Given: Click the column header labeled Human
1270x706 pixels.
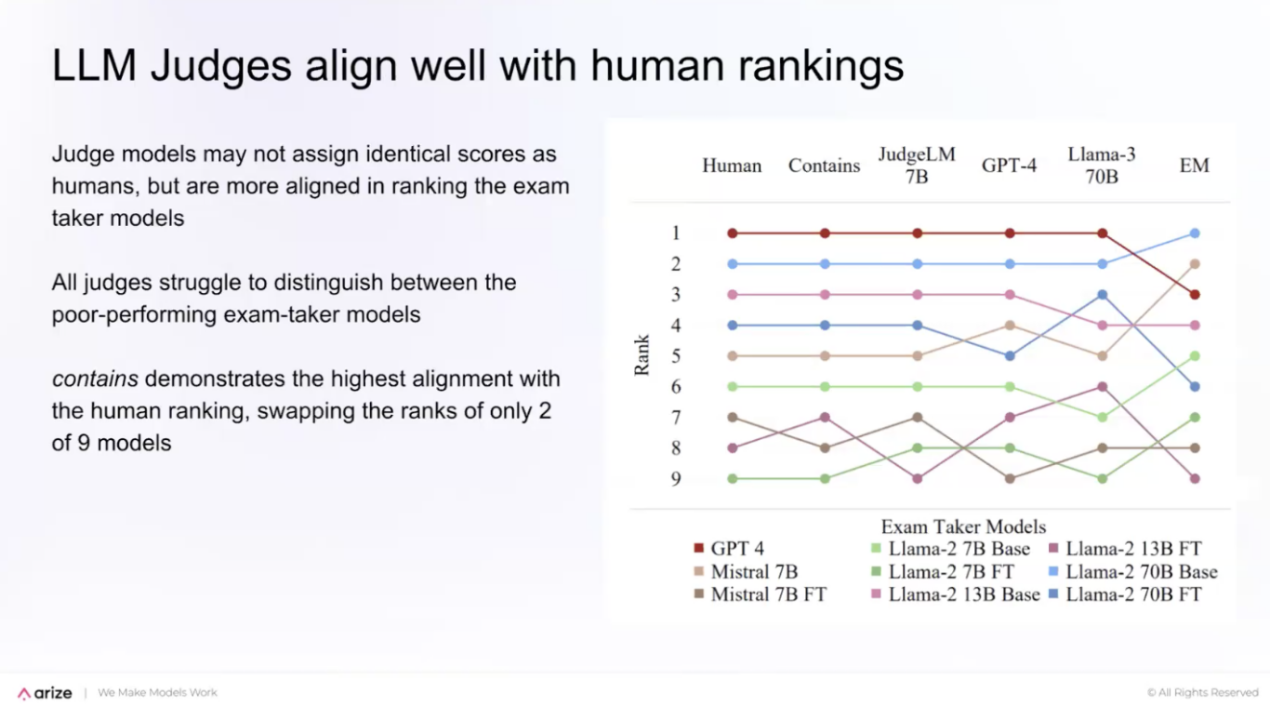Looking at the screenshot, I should [x=732, y=166].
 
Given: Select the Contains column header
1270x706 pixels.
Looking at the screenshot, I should [x=824, y=166].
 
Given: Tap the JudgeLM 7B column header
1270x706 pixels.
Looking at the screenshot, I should [x=917, y=165].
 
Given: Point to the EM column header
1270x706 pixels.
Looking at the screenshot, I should [x=1194, y=166].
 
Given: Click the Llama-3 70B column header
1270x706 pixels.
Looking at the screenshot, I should [x=1102, y=165].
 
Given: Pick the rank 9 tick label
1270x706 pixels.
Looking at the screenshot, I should [x=676, y=479].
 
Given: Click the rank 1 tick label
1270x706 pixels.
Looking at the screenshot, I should [x=676, y=233].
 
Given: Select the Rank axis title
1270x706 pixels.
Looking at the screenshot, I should [x=642, y=355].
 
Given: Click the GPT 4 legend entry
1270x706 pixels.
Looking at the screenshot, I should [x=729, y=549].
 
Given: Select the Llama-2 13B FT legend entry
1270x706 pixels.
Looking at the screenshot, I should [x=1125, y=549].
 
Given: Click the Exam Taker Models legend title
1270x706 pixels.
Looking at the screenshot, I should [x=963, y=526].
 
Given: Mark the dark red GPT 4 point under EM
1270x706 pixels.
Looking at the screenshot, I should [x=1195, y=295].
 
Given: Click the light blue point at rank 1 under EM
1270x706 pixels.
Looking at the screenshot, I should [x=1195, y=233].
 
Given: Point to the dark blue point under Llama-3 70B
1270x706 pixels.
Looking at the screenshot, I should [x=1103, y=295].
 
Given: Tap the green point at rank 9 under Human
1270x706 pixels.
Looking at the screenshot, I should [x=733, y=479].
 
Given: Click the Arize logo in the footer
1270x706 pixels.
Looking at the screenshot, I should [x=45, y=693].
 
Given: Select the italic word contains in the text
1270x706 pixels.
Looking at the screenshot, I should [x=95, y=380].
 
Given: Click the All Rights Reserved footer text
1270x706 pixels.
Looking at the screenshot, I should [x=1202, y=693].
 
